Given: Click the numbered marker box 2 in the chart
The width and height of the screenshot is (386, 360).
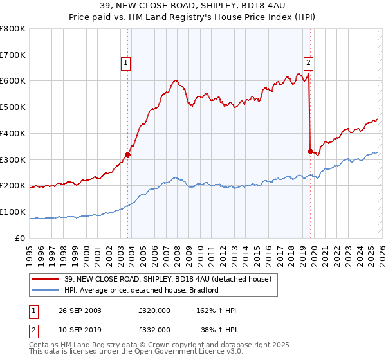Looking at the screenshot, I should [308, 63].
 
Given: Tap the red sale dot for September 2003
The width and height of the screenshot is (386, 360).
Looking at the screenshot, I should [128, 154].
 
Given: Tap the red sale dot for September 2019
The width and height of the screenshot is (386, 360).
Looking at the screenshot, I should [310, 151].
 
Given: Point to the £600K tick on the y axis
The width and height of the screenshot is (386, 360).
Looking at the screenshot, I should [13, 81].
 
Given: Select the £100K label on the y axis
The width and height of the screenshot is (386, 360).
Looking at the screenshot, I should [13, 212].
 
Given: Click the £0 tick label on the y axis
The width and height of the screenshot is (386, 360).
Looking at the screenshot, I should [20, 238].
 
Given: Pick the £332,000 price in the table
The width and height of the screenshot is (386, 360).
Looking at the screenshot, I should [154, 329].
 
